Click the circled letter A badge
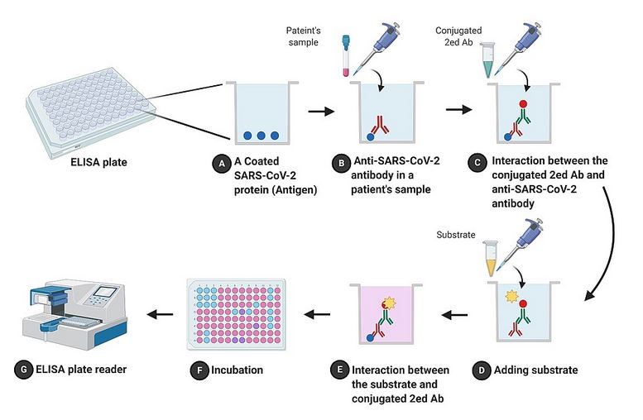(x=220, y=165)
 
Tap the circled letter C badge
(x=475, y=164)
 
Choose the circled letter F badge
(x=198, y=370)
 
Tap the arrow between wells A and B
(x=315, y=108)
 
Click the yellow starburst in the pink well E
(x=390, y=308)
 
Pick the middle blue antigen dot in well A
(x=260, y=136)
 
